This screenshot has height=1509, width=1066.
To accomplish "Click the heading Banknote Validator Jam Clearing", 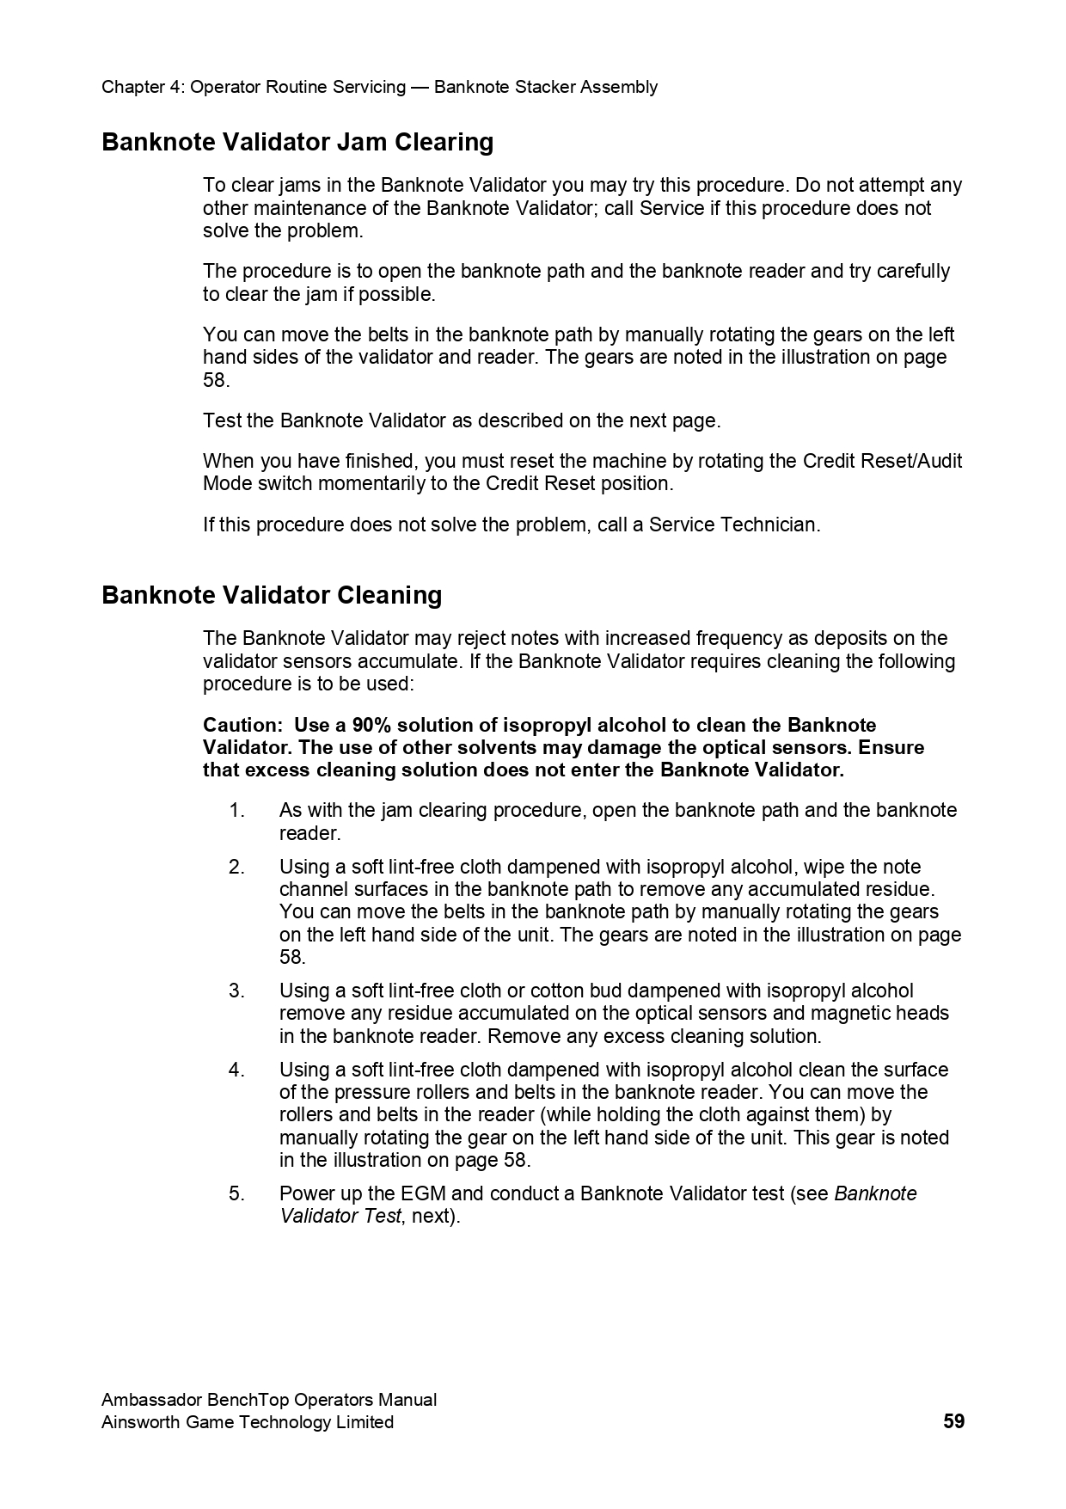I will coord(297,142).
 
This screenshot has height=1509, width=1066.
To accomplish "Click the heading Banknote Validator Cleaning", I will coord(272,595).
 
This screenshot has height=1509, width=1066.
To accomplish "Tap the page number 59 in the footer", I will coord(953,1421).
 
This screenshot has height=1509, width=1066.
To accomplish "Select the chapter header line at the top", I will coord(379,87).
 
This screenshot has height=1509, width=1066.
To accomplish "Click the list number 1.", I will coord(236,810).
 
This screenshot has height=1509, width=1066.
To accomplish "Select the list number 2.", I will coord(236,867).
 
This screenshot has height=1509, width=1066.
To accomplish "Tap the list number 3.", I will coord(236,991).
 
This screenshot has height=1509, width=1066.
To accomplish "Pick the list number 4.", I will coord(236,1070).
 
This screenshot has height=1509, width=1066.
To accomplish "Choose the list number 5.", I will coord(236,1193).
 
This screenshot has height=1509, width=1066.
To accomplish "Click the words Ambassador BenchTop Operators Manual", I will coord(269,1399).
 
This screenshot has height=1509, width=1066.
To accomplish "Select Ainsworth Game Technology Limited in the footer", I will coord(248,1422).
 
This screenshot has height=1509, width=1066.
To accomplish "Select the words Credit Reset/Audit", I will coord(882,461).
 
